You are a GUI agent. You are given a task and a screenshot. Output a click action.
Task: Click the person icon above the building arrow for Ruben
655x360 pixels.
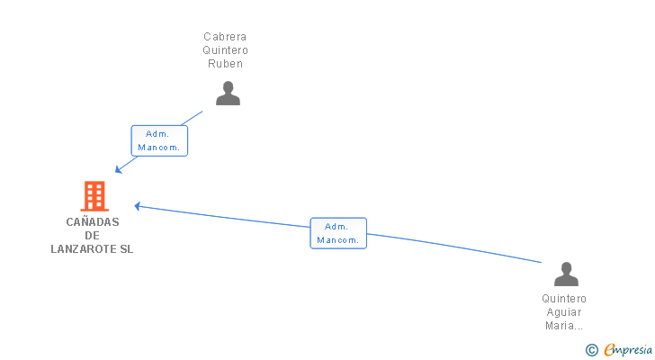[x=228, y=93]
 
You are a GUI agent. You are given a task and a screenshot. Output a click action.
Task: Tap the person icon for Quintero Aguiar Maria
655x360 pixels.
[x=566, y=274]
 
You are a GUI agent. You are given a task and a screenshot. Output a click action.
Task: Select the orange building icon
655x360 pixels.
[x=94, y=195]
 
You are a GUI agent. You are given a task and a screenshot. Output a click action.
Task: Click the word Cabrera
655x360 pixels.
[x=225, y=37]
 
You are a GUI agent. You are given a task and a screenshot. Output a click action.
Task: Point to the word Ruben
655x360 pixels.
[x=225, y=64]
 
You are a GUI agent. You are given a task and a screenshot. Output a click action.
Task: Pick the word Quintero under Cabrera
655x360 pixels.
[x=225, y=50]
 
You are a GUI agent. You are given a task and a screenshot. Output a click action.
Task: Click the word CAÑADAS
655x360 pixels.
[x=92, y=222]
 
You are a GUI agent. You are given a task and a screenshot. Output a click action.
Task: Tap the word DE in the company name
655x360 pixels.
[x=92, y=236]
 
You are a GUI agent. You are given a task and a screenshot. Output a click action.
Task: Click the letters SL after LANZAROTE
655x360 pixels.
[x=126, y=249]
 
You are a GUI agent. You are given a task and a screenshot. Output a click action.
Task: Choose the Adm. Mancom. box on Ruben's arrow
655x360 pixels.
[x=159, y=140]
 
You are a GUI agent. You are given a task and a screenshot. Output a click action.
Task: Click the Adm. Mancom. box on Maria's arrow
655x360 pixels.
[x=338, y=233]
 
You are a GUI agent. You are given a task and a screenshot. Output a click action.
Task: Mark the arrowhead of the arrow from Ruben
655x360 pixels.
[x=117, y=171]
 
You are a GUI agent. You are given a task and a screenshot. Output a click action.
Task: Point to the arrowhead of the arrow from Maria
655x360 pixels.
[x=138, y=205]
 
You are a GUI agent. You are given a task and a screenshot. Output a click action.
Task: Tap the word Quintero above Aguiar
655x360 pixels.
[x=564, y=299]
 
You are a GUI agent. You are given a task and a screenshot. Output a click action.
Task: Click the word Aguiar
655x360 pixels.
[x=564, y=312]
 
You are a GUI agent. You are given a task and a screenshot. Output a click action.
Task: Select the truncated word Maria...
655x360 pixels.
[x=564, y=326]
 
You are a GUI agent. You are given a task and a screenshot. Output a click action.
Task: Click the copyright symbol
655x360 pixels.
[x=591, y=349]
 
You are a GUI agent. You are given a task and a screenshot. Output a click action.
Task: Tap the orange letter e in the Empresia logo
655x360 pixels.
[x=609, y=350]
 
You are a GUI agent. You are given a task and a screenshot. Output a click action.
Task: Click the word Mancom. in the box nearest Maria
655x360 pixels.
[x=338, y=240]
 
